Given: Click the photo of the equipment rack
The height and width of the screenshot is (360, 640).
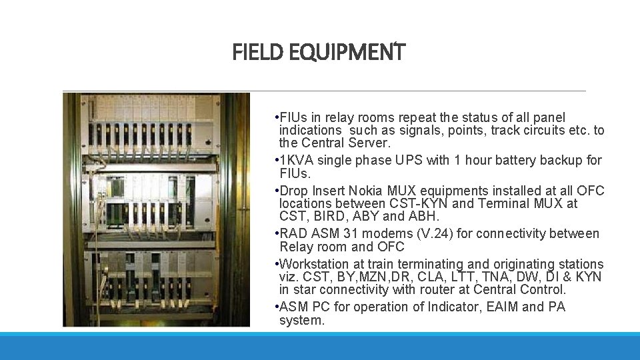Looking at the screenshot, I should tap(156, 209).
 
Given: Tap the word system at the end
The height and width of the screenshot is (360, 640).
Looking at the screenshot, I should tap(301, 320).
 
